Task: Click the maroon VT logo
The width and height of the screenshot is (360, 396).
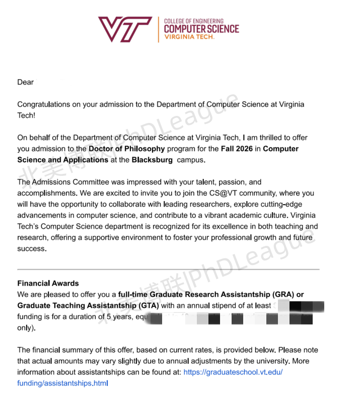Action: tap(125, 30)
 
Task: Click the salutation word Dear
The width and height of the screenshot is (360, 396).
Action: tap(25, 82)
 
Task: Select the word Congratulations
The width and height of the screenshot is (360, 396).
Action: tap(44, 104)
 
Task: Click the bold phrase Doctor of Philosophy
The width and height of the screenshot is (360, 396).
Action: tap(127, 149)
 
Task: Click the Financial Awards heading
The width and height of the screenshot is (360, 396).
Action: tap(48, 283)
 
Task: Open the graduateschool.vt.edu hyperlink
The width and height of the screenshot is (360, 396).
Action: tap(233, 372)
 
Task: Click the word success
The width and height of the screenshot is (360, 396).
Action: tap(32, 248)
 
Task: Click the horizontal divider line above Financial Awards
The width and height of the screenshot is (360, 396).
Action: tap(168, 270)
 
